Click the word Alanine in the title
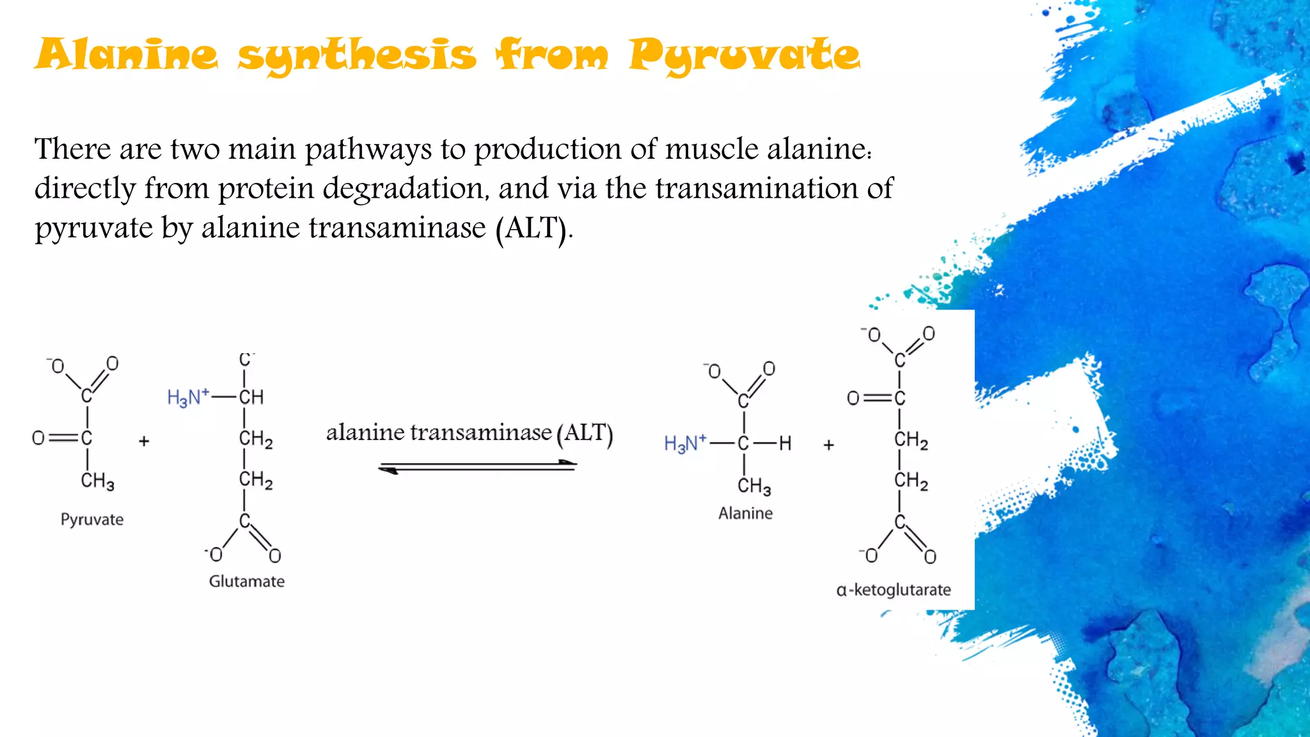pyautogui.click(x=127, y=55)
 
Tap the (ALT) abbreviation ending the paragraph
pyautogui.click(x=532, y=228)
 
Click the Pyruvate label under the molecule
pyautogui.click(x=92, y=519)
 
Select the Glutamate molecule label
pyautogui.click(x=247, y=582)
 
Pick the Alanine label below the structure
pyautogui.click(x=745, y=514)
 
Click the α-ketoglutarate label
pyautogui.click(x=894, y=590)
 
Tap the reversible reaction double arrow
pyautogui.click(x=477, y=467)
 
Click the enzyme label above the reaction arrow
pyautogui.click(x=470, y=433)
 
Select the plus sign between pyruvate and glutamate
pyautogui.click(x=144, y=441)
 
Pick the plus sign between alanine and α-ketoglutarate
pyautogui.click(x=828, y=445)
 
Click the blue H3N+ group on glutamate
pyautogui.click(x=187, y=397)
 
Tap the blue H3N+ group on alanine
pyautogui.click(x=684, y=443)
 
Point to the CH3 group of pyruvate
pyautogui.click(x=97, y=481)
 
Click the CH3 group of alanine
pyautogui.click(x=754, y=486)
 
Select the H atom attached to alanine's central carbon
pyautogui.click(x=785, y=443)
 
